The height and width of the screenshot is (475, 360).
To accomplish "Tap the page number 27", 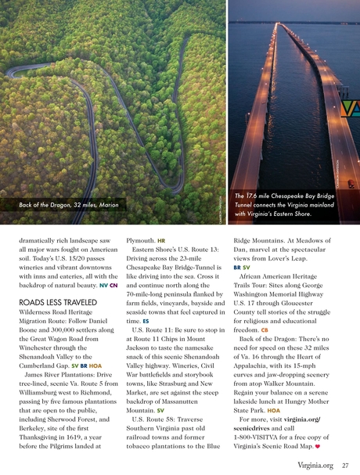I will click(345, 466).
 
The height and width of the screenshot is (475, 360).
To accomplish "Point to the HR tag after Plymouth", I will click(161, 240).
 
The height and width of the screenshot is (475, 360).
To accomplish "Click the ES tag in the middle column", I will click(146, 322).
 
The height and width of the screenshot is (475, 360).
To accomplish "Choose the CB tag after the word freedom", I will click(265, 330).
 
